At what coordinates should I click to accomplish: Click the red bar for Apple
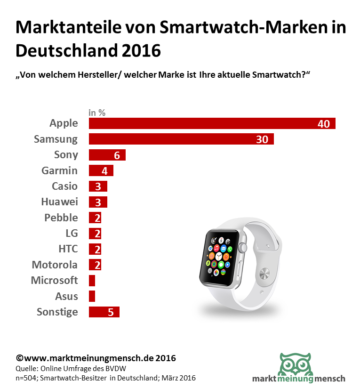(x=212, y=124)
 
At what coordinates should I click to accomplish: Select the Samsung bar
(x=181, y=139)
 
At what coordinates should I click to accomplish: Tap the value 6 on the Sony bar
(x=117, y=155)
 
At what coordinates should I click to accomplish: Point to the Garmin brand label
(x=59, y=170)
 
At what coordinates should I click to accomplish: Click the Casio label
(x=65, y=186)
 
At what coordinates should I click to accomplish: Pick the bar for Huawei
(x=98, y=202)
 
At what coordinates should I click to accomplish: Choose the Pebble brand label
(x=61, y=218)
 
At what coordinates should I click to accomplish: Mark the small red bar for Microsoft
(x=92, y=281)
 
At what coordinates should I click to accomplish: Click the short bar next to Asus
(x=92, y=296)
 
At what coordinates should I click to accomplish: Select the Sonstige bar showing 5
(x=104, y=312)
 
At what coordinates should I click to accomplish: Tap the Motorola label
(x=55, y=265)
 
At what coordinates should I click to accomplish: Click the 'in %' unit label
(x=97, y=113)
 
